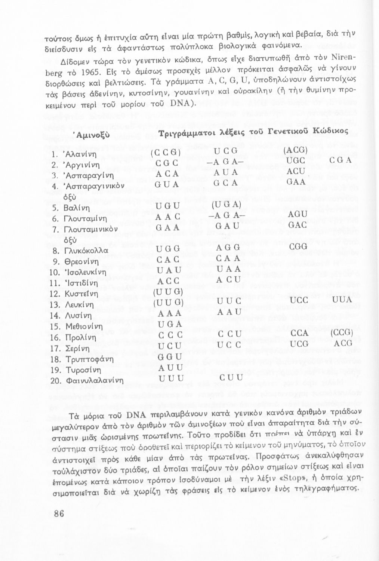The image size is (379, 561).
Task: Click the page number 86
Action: click(59, 513)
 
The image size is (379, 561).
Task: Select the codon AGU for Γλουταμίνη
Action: click(298, 214)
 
